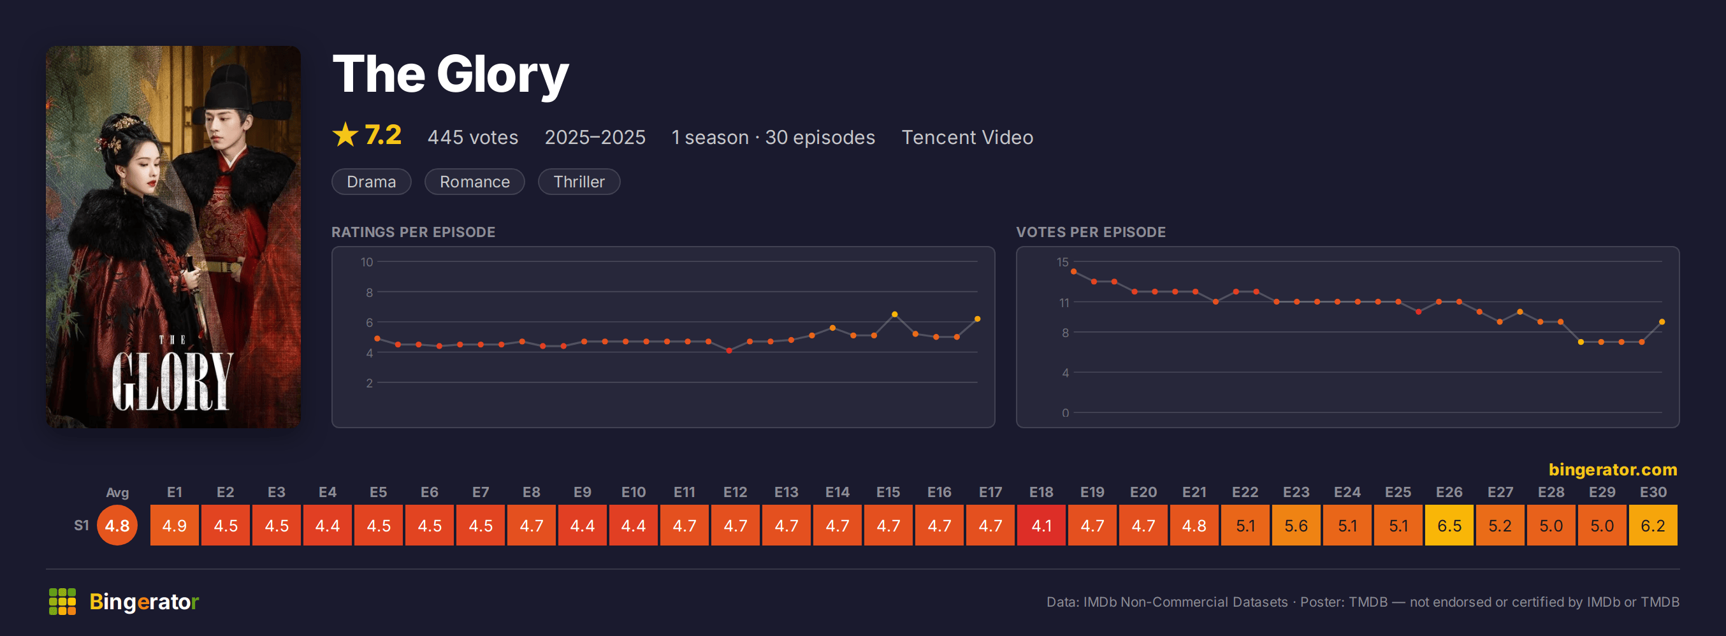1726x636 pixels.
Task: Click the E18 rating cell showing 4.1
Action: coord(1041,524)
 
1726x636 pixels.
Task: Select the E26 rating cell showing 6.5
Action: coord(1449,524)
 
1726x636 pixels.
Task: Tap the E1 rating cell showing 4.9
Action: coord(174,524)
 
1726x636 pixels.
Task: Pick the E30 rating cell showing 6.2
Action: coord(1653,524)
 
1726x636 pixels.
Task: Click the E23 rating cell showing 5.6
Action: coord(1296,524)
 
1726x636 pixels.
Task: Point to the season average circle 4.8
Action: coord(117,524)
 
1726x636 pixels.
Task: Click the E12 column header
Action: coord(735,492)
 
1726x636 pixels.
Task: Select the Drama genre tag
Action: coord(371,182)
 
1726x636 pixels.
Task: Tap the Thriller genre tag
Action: coord(579,182)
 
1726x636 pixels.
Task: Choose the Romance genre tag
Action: coord(474,182)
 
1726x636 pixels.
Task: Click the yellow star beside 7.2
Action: coord(345,134)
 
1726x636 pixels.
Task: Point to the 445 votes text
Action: coord(473,138)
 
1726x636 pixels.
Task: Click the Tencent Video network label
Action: coord(967,138)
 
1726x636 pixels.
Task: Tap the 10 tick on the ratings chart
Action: coord(366,262)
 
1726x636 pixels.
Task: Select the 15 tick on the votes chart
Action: coord(1062,262)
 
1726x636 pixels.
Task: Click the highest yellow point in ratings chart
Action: coord(894,314)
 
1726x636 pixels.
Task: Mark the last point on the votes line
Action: coord(1662,322)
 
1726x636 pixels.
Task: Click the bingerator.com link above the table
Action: coord(1613,470)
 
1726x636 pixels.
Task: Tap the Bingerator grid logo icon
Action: coord(62,601)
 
